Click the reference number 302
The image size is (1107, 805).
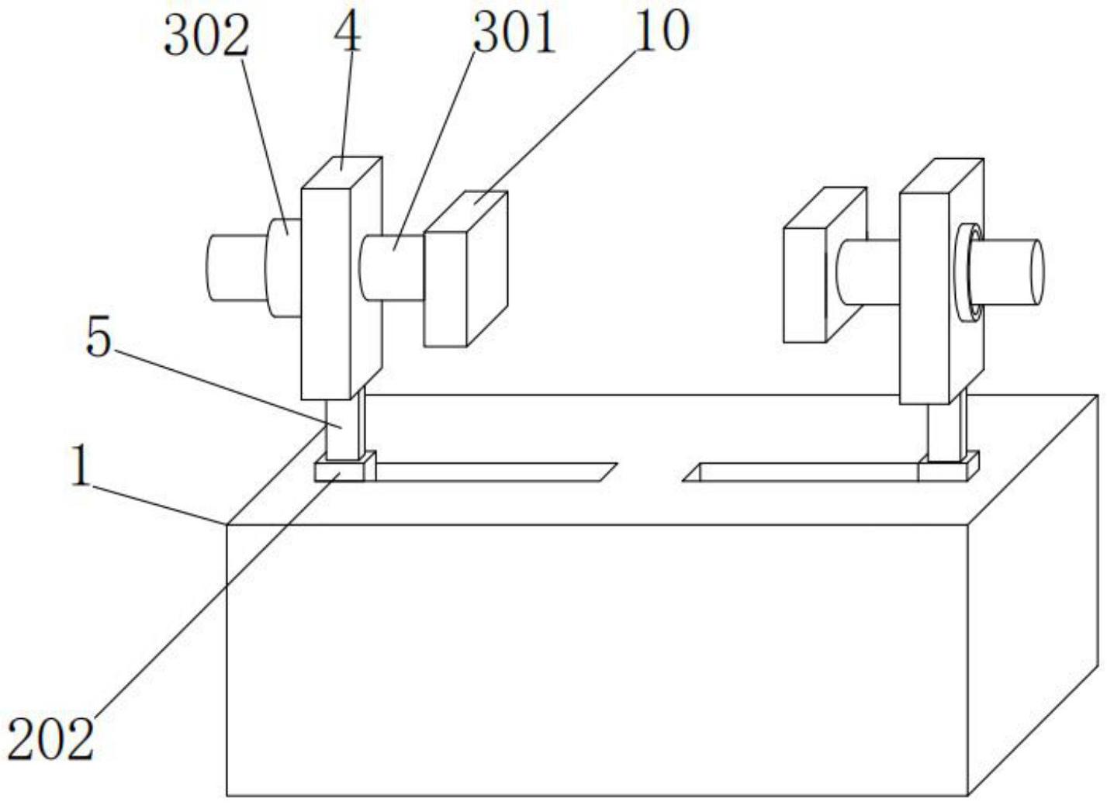206,36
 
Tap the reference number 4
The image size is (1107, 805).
348,31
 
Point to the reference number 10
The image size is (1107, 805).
661,31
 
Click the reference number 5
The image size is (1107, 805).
99,337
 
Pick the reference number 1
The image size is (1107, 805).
79,467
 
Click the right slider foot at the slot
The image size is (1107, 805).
946,470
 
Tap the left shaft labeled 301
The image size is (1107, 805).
392,268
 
